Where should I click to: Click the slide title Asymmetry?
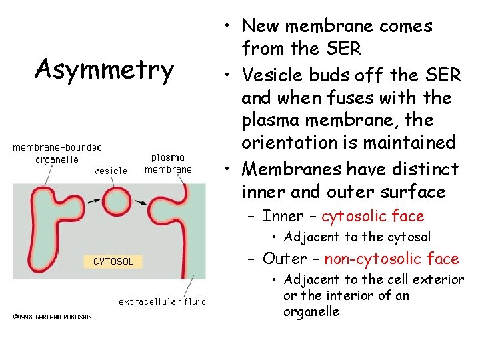(x=105, y=69)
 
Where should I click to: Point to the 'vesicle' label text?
(x=111, y=171)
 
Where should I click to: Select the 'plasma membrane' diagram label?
(x=168, y=163)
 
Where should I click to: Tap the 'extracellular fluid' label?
(x=162, y=302)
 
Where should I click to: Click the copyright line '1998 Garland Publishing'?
(x=54, y=317)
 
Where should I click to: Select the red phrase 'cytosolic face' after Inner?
(x=373, y=216)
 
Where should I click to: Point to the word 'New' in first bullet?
(x=261, y=26)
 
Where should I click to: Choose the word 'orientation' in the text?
(x=289, y=143)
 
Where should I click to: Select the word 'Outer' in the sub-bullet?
(x=282, y=259)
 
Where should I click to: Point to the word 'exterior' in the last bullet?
(x=438, y=279)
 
